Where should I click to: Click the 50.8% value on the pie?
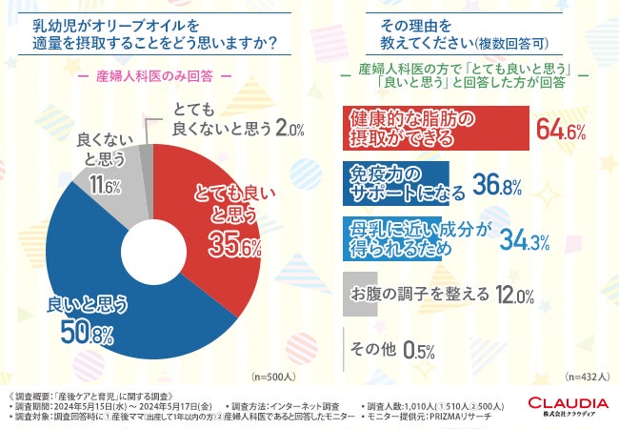(89, 335)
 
